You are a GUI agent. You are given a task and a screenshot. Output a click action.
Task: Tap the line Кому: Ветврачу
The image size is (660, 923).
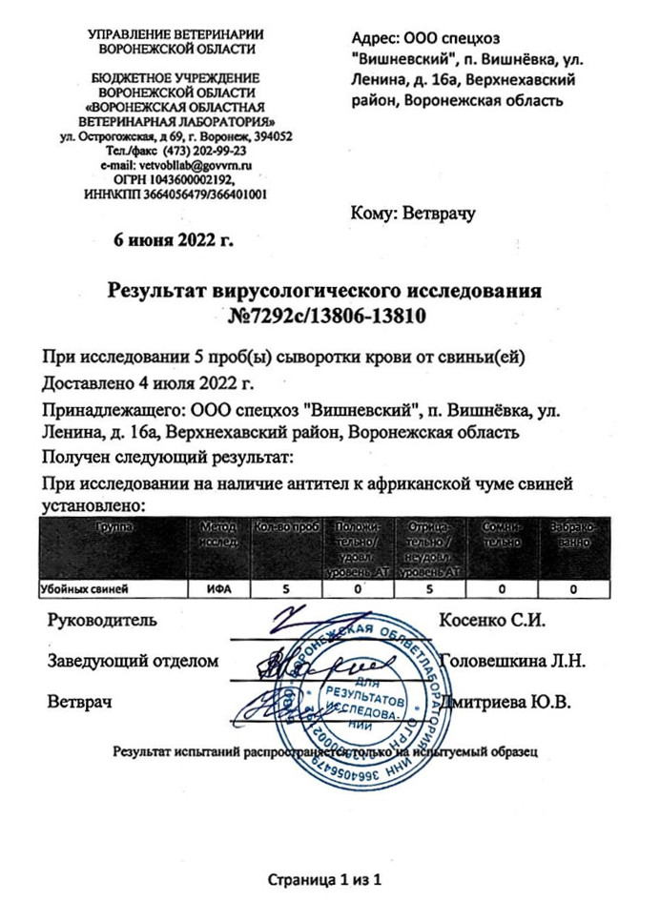[x=412, y=214]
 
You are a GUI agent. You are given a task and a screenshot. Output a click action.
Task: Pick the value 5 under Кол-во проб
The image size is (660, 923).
[x=284, y=590]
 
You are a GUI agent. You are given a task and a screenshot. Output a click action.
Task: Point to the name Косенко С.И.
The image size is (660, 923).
[x=490, y=621]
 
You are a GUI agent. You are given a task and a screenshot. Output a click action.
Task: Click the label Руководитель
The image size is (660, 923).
[x=102, y=621]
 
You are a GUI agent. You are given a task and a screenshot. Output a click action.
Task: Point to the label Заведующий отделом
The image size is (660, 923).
[x=134, y=660]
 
